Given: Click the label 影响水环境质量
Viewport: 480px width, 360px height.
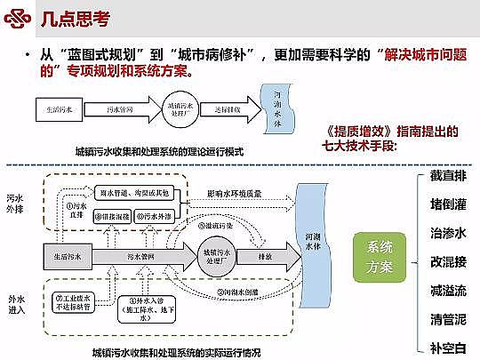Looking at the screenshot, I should (235, 193).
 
